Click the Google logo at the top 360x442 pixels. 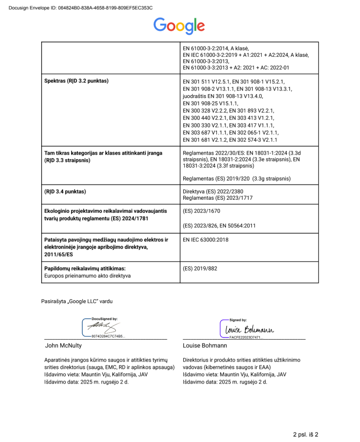point(179,25)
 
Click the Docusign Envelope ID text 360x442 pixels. point(81,8)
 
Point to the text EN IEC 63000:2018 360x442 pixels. point(206,240)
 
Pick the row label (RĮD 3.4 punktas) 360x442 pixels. point(65,192)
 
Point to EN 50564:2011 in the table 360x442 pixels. point(237,226)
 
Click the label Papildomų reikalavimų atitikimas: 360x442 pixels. point(85,269)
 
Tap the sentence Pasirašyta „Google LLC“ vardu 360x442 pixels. point(77,302)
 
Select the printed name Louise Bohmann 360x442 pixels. point(205,345)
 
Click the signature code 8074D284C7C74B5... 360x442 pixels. point(108,336)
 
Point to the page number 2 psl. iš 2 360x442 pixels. point(305,434)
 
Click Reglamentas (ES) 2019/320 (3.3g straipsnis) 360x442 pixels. point(237,178)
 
